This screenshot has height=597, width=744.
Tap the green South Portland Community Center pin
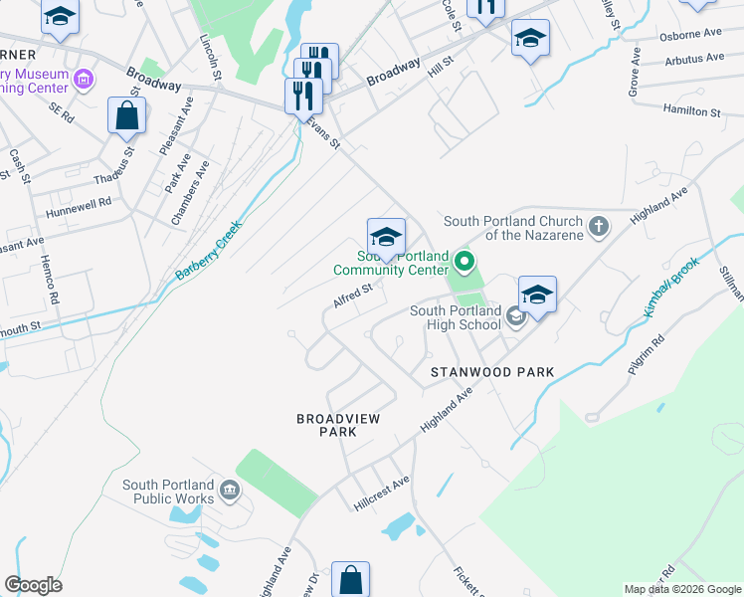(x=464, y=264)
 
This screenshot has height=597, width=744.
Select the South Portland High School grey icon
(x=515, y=317)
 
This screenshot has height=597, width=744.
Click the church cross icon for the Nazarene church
(x=598, y=227)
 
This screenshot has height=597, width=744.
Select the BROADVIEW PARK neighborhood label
(x=338, y=425)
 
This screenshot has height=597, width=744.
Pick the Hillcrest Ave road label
(x=382, y=488)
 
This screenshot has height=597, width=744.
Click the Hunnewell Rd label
(x=77, y=207)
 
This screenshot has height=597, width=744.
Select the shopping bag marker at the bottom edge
(x=350, y=579)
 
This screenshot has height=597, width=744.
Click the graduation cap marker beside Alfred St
(x=386, y=236)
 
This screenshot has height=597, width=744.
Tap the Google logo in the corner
(x=33, y=584)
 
